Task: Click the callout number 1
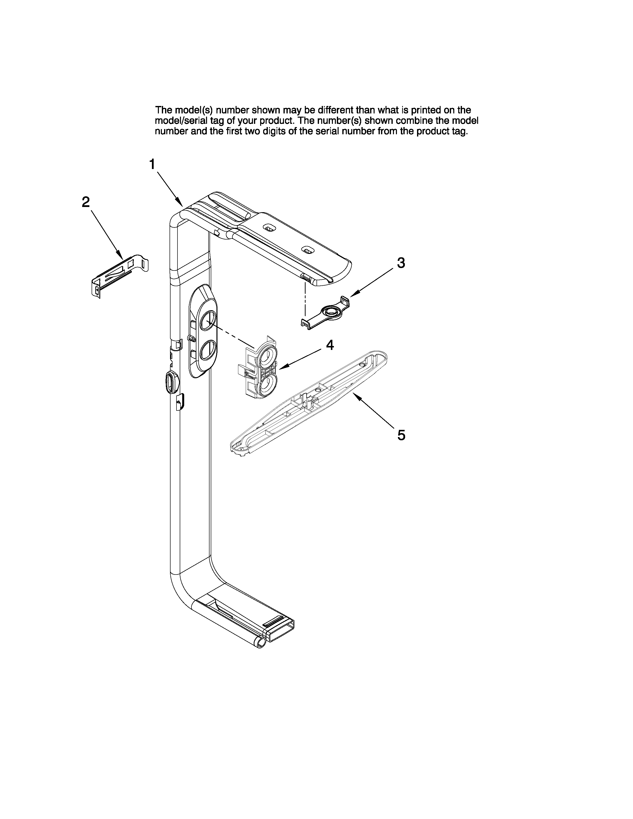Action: (152, 164)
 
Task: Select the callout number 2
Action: (86, 203)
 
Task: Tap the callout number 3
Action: (401, 263)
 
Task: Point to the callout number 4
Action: (330, 345)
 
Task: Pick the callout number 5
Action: (401, 435)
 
